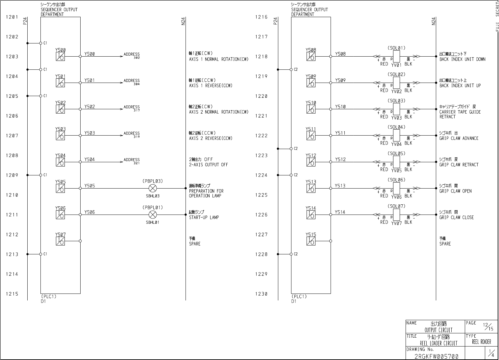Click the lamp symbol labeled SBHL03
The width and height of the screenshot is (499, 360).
[x=153, y=188]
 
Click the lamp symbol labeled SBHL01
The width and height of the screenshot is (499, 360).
[x=153, y=215]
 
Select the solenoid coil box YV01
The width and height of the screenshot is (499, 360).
[x=396, y=57]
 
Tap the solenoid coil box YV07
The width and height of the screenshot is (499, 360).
[x=396, y=215]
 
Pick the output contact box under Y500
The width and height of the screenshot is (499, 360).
[x=60, y=57]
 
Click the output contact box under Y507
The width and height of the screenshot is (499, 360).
[x=60, y=241]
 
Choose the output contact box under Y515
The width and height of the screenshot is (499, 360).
[x=311, y=241]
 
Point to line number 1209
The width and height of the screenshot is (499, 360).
[x=12, y=175]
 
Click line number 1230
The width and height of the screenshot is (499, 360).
[x=262, y=294]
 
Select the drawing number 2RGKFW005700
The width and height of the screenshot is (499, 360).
[x=436, y=356]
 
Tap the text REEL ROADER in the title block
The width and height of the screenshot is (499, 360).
[x=481, y=342]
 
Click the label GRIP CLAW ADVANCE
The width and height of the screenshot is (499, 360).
[x=459, y=138]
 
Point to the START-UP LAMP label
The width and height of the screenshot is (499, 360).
[x=204, y=217]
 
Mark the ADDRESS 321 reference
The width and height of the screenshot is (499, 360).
[x=132, y=161]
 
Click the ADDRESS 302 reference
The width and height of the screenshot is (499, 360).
[x=132, y=56]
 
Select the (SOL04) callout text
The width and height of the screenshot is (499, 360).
[x=396, y=127]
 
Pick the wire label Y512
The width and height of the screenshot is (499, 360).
[x=340, y=159]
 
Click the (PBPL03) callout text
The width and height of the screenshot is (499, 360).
[x=153, y=181]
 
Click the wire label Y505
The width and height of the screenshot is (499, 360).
[x=89, y=186]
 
